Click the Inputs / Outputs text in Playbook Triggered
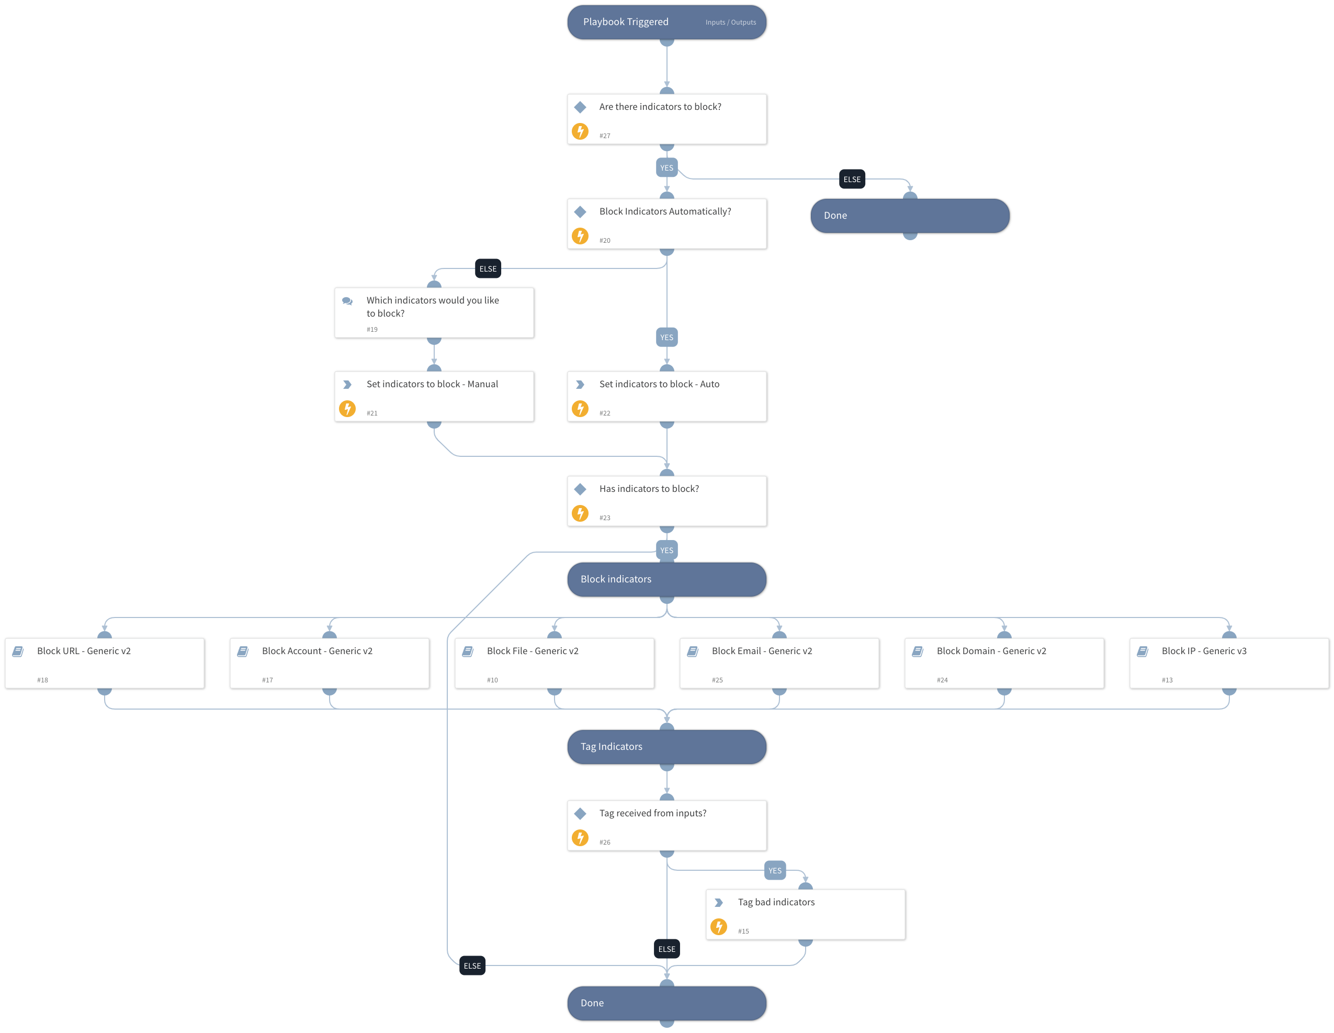click(730, 23)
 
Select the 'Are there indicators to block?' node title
click(660, 107)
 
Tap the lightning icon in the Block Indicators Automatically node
click(580, 236)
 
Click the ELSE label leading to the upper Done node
click(852, 179)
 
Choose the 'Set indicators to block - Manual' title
click(432, 384)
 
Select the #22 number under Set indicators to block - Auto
click(604, 413)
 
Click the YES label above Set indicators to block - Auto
click(666, 337)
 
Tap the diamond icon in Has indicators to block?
click(580, 489)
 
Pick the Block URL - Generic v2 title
click(84, 651)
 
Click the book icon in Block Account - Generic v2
click(243, 652)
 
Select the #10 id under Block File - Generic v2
click(492, 680)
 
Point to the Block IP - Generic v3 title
click(1203, 651)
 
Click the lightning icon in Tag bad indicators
click(718, 927)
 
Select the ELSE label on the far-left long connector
click(472, 966)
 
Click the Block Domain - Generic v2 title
click(991, 651)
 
